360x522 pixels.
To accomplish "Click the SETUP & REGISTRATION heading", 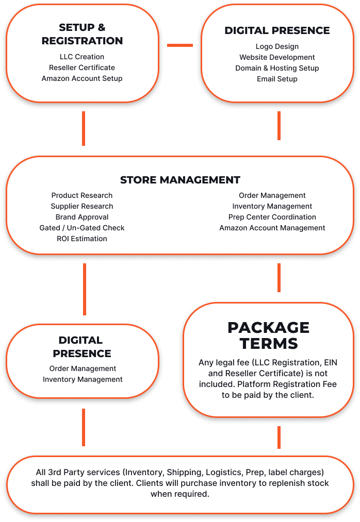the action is [x=82, y=34].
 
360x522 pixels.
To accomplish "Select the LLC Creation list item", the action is [x=82, y=57].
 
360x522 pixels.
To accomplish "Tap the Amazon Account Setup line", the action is [x=82, y=78].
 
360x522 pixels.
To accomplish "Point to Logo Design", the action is [x=277, y=46].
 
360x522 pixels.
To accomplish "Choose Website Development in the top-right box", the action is [x=277, y=57].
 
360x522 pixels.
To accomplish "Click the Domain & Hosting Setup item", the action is [x=277, y=68].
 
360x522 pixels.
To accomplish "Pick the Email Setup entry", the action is [x=277, y=79].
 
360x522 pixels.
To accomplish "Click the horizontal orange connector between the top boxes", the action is [x=180, y=45].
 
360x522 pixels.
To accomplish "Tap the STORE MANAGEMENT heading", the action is [x=180, y=180].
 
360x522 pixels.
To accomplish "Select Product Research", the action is [x=82, y=195].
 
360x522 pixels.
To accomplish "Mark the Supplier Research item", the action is [x=82, y=207].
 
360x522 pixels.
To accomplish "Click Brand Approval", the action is [x=82, y=217].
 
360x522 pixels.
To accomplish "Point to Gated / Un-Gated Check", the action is [x=82, y=228].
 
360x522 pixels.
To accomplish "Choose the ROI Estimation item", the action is [x=82, y=239].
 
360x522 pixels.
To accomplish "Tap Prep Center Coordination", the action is [x=272, y=217].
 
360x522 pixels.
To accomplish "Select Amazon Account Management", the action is [x=272, y=228].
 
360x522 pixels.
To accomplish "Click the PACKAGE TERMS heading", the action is [x=269, y=335].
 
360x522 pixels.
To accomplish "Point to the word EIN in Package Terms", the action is [x=331, y=363].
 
